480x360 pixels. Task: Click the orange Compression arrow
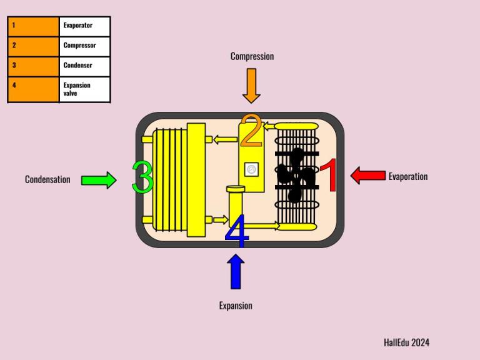tap(251, 86)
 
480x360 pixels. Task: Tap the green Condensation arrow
tap(99, 180)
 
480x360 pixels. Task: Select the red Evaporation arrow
tap(368, 176)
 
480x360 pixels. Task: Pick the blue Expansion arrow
tap(236, 271)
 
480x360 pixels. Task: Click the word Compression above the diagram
tap(252, 56)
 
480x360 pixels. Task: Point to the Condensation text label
tap(47, 179)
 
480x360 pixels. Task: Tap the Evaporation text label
tap(408, 177)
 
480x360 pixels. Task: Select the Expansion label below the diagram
tap(236, 306)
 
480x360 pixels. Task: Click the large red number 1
tap(329, 175)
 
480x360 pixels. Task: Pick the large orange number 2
tap(252, 131)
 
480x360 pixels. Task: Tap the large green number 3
tap(142, 177)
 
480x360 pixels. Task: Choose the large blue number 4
tap(237, 231)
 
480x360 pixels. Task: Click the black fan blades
tap(296, 175)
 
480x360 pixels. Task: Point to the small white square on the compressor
tap(251, 169)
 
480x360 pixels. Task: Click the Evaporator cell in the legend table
tap(84, 27)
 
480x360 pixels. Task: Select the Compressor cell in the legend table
tap(84, 46)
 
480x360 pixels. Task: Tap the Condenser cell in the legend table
tap(84, 66)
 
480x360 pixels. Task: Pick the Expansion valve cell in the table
tap(84, 89)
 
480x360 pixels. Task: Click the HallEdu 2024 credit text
tap(406, 342)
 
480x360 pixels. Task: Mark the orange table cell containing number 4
tap(33, 89)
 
